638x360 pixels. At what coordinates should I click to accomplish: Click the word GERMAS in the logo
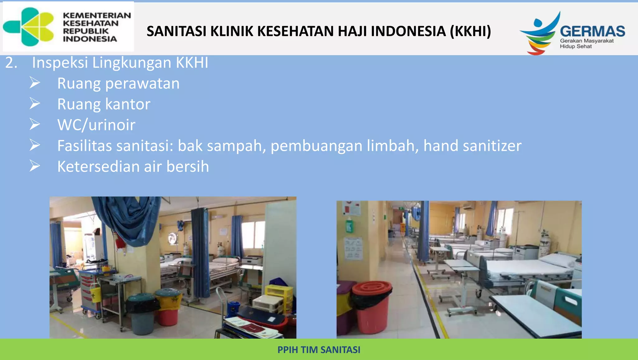coord(592,31)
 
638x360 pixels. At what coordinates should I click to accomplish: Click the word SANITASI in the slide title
coord(176,31)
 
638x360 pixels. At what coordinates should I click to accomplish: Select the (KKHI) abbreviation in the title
coord(470,31)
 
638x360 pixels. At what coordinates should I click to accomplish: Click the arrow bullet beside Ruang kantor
coord(35,103)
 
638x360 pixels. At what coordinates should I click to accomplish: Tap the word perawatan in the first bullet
coord(142,84)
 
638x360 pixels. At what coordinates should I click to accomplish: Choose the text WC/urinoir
coord(96,125)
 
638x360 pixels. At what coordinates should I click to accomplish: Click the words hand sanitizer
coord(472,146)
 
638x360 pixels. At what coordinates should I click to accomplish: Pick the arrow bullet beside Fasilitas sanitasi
coord(35,145)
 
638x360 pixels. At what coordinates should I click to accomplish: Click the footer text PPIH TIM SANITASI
coord(319,350)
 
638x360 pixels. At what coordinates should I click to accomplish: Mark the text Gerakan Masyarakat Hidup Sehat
coord(586,44)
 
